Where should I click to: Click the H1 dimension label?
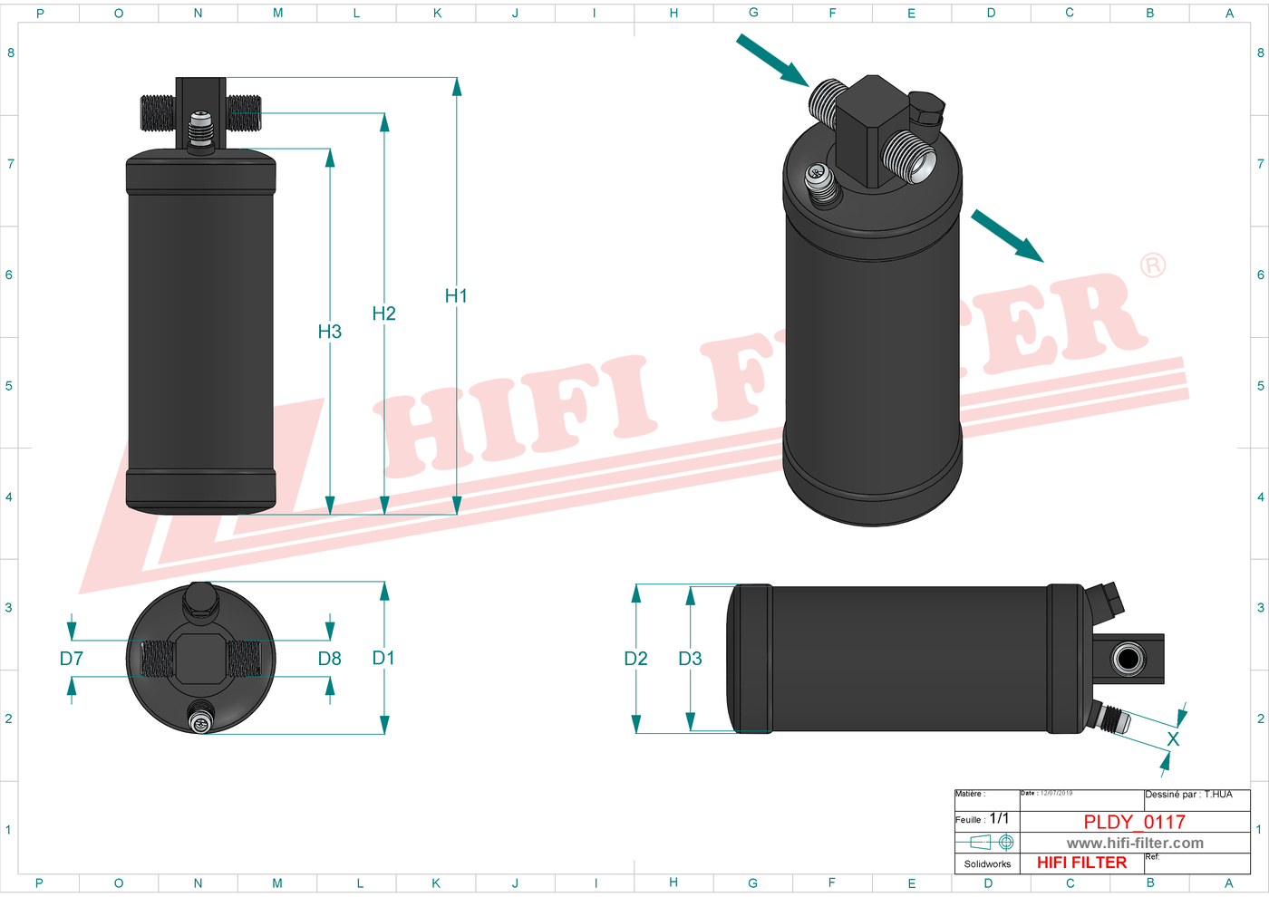pos(456,296)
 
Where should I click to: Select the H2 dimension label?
pos(383,313)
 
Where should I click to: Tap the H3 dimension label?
pos(330,332)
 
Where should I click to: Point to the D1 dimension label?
pos(383,658)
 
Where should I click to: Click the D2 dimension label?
pos(635,659)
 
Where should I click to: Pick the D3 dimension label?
pos(690,659)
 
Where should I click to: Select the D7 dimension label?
pos(72,659)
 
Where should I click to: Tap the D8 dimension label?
pos(330,659)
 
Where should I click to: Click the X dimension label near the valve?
pos(1173,739)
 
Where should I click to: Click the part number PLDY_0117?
pos(1134,822)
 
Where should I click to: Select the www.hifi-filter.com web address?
pos(1135,843)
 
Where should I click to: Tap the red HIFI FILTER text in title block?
pos(1081,863)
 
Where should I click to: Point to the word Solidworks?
pos(987,863)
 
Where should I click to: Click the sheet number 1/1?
pos(999,818)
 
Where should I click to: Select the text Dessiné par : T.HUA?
pos(1188,795)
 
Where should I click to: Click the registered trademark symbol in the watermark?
pos(1153,265)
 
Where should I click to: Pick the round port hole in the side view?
pos(1128,658)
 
